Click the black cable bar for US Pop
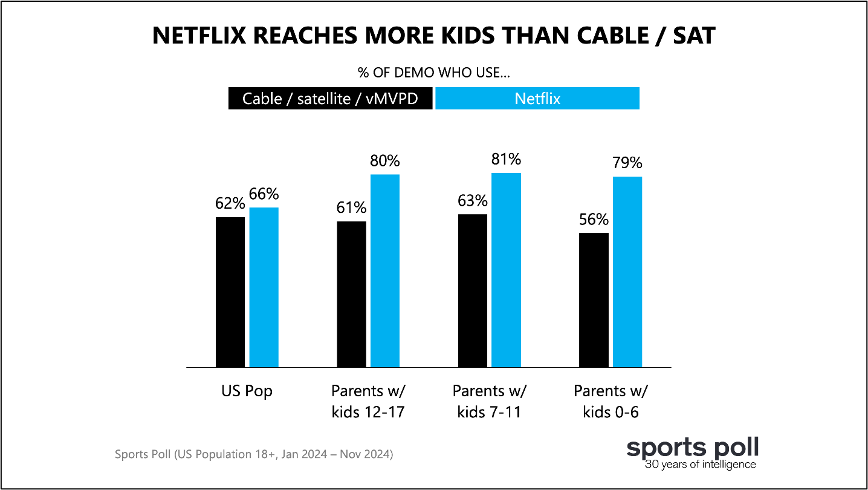pyautogui.click(x=230, y=292)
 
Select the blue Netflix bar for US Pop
pyautogui.click(x=264, y=287)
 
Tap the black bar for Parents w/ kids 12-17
pyautogui.click(x=351, y=294)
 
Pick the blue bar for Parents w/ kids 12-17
pyautogui.click(x=385, y=271)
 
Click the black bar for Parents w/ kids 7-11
pyautogui.click(x=473, y=291)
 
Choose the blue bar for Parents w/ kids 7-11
pyautogui.click(x=506, y=270)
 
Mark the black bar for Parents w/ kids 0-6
pyautogui.click(x=594, y=300)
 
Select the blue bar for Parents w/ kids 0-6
pyautogui.click(x=627, y=272)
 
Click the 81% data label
pyautogui.click(x=506, y=159)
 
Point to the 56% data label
pyautogui.click(x=594, y=220)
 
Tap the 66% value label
pyautogui.click(x=264, y=194)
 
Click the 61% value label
pyautogui.click(x=351, y=207)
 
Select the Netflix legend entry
pyautogui.click(x=537, y=99)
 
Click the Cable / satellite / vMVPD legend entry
pyautogui.click(x=330, y=99)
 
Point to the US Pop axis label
pyautogui.click(x=247, y=391)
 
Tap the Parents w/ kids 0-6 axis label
pyautogui.click(x=611, y=401)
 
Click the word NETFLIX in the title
pyautogui.click(x=199, y=36)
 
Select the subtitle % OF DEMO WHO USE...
pyautogui.click(x=433, y=73)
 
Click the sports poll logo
pyautogui.click(x=692, y=453)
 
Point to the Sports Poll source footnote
pyautogui.click(x=254, y=454)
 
